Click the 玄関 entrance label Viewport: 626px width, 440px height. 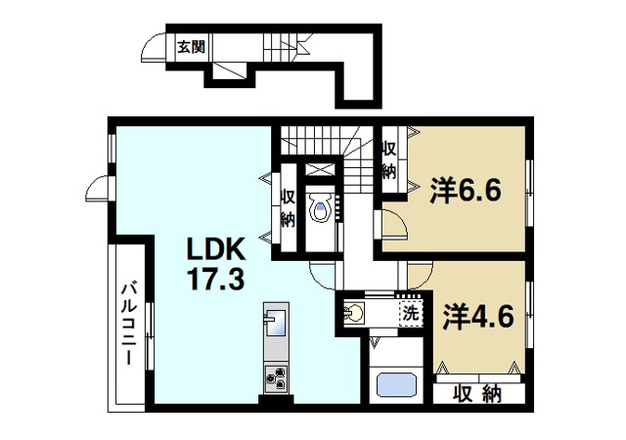pos(190,46)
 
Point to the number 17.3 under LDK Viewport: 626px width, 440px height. pos(217,280)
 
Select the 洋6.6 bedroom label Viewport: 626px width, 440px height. pos(466,189)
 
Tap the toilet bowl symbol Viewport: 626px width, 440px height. pos(319,208)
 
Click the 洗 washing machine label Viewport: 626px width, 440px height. pos(412,314)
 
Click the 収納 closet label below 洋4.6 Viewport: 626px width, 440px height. pos(478,395)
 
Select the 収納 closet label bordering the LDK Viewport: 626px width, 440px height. pos(287,207)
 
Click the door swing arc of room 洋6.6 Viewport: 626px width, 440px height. pos(393,223)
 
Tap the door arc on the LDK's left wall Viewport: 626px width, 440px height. pos(96,186)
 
